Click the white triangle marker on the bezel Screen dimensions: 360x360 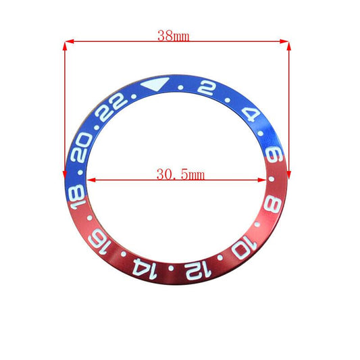click(154, 85)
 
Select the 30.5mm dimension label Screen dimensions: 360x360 click(180, 174)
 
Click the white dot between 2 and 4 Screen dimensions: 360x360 click(234, 99)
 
